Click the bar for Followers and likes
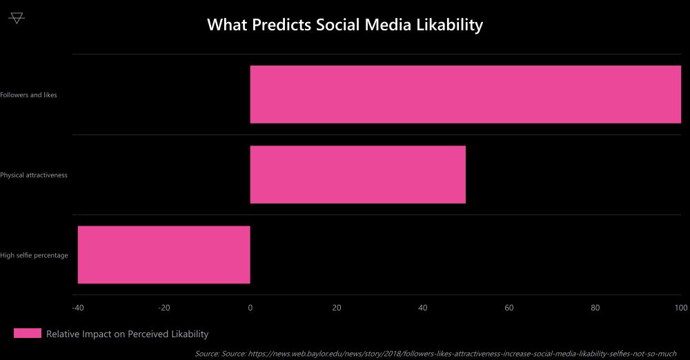tap(465, 94)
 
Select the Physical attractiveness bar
tap(357, 174)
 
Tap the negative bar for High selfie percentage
tap(164, 254)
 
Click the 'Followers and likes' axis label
tap(29, 95)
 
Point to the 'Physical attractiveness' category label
tap(34, 175)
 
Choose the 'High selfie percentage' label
tap(34, 255)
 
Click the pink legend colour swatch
tap(28, 334)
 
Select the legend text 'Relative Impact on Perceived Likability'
tap(127, 334)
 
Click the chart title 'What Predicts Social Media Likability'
tap(345, 25)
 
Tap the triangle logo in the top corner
tap(17, 18)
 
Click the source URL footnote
tap(435, 353)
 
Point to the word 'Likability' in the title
tap(448, 25)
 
